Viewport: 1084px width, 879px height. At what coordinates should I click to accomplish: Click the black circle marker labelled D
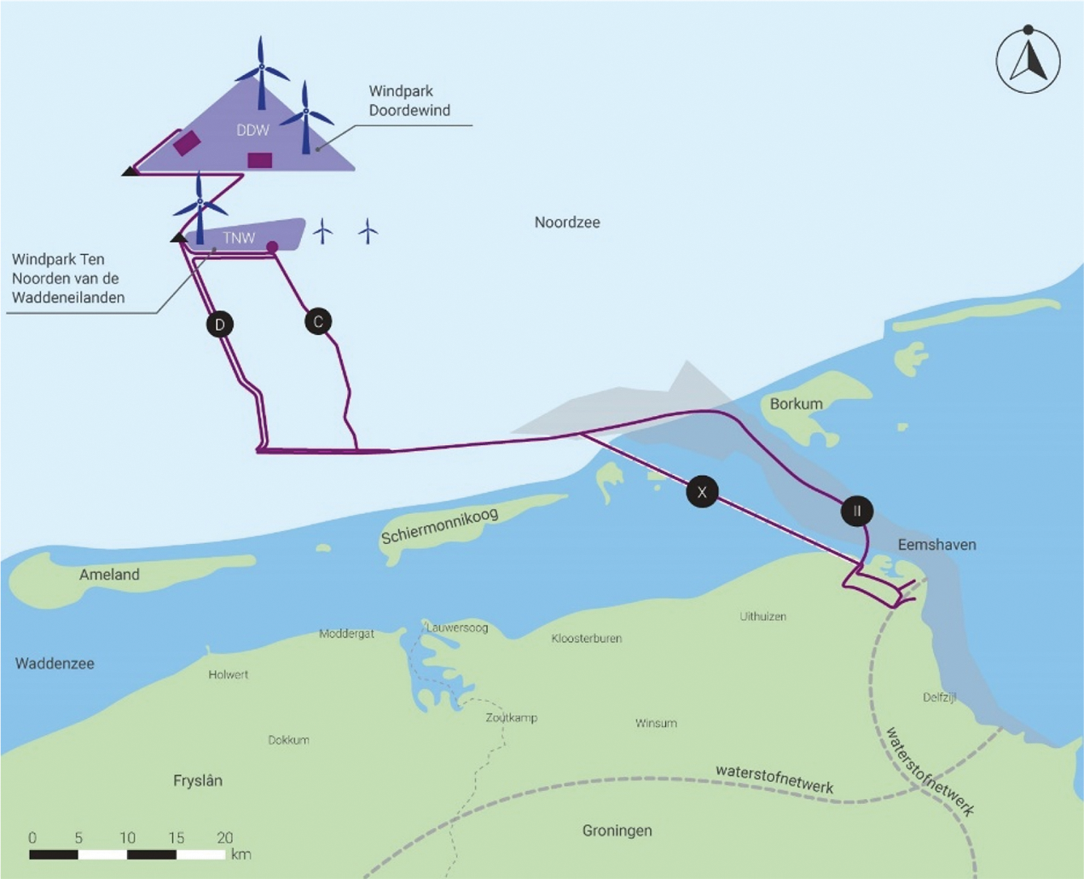220,324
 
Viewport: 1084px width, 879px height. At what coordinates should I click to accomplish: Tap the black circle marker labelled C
318,321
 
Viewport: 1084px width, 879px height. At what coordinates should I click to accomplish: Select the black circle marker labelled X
702,491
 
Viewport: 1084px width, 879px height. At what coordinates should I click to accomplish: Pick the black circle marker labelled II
856,511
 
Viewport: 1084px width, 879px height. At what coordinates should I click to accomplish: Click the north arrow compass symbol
1029,61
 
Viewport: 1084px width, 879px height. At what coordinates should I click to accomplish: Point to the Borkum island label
796,403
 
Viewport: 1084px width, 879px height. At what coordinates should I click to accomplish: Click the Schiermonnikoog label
439,523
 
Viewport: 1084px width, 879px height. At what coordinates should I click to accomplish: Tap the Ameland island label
109,575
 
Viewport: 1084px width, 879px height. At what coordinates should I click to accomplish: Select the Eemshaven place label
936,544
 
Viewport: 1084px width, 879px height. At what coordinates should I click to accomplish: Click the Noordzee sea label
567,223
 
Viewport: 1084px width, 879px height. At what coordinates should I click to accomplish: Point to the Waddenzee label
55,663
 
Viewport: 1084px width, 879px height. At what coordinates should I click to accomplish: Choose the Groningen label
617,830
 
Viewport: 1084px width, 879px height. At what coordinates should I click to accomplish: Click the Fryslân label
197,780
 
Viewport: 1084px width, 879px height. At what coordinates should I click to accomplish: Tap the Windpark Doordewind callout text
409,101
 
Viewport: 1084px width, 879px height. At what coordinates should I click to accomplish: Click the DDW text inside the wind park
252,130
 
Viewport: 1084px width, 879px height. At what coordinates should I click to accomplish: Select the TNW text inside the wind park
239,238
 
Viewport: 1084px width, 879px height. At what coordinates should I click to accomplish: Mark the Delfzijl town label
939,697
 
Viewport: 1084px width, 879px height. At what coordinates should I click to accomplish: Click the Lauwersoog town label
457,627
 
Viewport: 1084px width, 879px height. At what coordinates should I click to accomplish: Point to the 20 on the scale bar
224,837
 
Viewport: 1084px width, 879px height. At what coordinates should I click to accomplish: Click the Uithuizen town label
762,616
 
